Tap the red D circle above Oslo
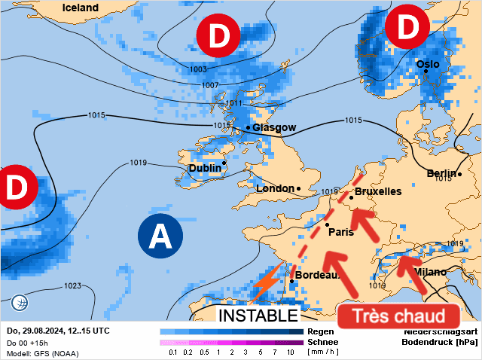click(x=407, y=27)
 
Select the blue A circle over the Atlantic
click(x=160, y=236)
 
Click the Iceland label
click(x=80, y=8)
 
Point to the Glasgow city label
click(x=274, y=127)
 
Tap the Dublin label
click(x=204, y=168)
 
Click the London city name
click(x=275, y=188)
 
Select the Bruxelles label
click(x=377, y=192)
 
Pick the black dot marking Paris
click(x=328, y=224)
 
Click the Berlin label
click(x=442, y=174)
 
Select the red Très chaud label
click(x=398, y=316)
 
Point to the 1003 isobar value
click(x=198, y=69)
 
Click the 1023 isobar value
click(x=72, y=285)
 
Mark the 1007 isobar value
click(x=211, y=85)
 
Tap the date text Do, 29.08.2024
click(x=35, y=331)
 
